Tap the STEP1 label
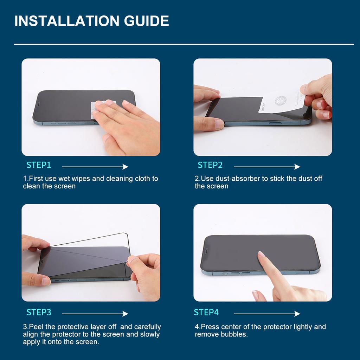(39, 165)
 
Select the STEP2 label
(210, 165)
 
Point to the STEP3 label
(39, 312)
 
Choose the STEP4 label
(206, 312)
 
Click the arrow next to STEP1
(95, 167)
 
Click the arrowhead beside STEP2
(297, 167)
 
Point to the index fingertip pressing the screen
(261, 254)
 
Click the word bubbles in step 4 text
(233, 334)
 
